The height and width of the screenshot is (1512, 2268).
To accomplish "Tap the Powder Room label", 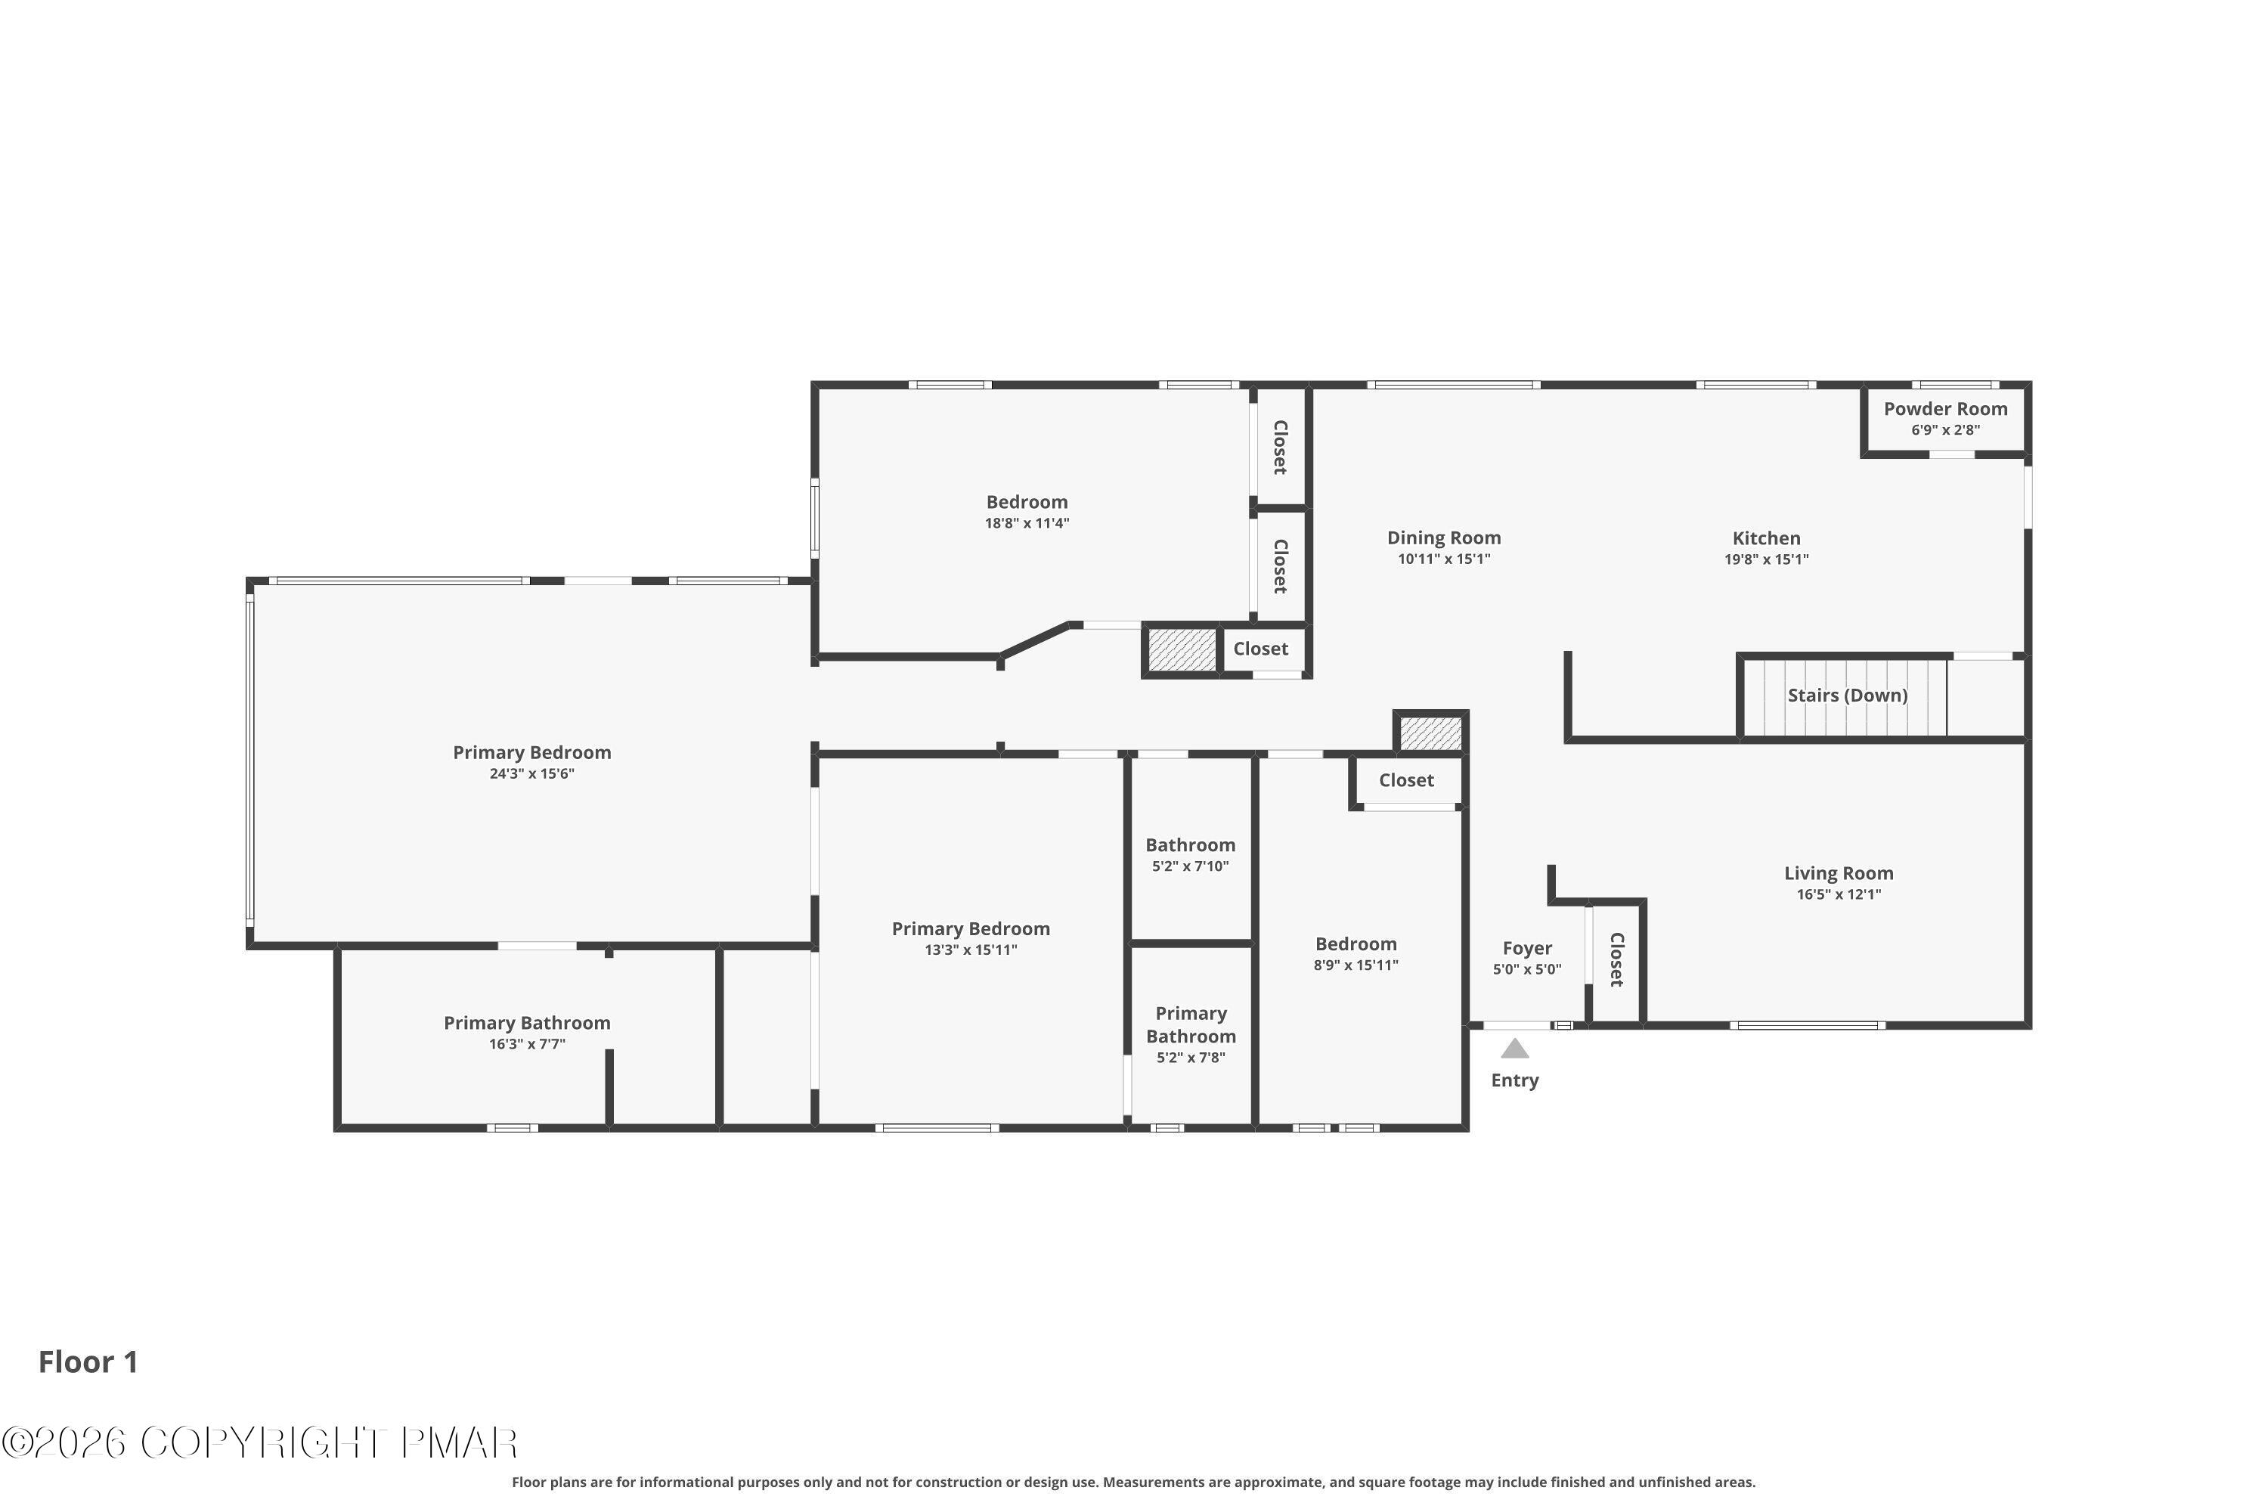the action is pyautogui.click(x=1946, y=409).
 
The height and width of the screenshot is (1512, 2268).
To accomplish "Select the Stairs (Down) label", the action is pyautogui.click(x=1848, y=696).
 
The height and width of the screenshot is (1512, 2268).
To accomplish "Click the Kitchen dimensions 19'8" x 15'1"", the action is pyautogui.click(x=1767, y=559).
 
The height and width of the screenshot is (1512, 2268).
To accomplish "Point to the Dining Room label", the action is pyautogui.click(x=1443, y=538).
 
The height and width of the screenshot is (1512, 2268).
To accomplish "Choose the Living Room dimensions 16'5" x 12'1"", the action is pyautogui.click(x=1839, y=894).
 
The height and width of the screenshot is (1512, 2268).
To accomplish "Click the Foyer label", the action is pyautogui.click(x=1527, y=949).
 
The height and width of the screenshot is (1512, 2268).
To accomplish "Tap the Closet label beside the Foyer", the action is pyautogui.click(x=1617, y=959).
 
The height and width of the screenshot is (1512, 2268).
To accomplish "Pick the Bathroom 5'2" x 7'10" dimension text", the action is pyautogui.click(x=1191, y=866).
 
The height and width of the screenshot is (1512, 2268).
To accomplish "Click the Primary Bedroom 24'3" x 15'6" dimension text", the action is pyautogui.click(x=532, y=773).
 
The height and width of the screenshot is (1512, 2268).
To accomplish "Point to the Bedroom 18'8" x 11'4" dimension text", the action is pyautogui.click(x=1027, y=524).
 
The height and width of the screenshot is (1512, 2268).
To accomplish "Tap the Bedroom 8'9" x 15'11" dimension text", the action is pyautogui.click(x=1356, y=965).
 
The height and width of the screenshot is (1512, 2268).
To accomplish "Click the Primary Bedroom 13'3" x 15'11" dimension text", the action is pyautogui.click(x=971, y=950).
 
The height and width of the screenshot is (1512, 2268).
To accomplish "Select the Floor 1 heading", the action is pyautogui.click(x=88, y=1362).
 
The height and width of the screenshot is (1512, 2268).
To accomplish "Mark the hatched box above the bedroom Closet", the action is pyautogui.click(x=1431, y=733).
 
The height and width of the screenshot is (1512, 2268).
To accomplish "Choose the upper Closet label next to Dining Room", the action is pyautogui.click(x=1281, y=448).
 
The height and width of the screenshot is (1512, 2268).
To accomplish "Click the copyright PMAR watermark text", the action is pyautogui.click(x=259, y=1443).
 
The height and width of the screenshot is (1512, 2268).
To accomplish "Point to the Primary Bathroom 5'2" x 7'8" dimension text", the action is pyautogui.click(x=1191, y=1058).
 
